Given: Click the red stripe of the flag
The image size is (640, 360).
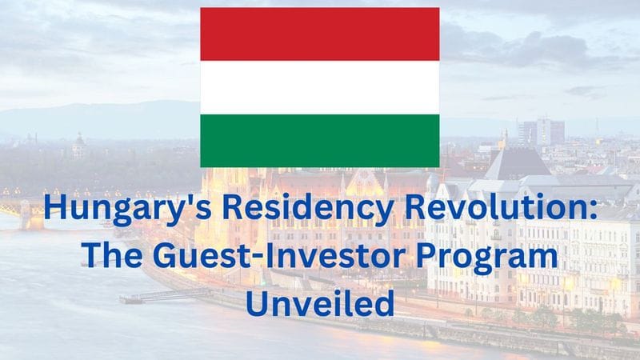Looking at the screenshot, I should click(319, 34).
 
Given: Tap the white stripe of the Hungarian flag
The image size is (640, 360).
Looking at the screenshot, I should click(319, 87).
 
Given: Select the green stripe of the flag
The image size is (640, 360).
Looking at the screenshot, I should click(319, 141).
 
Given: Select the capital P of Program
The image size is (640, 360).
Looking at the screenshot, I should click(434, 257).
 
